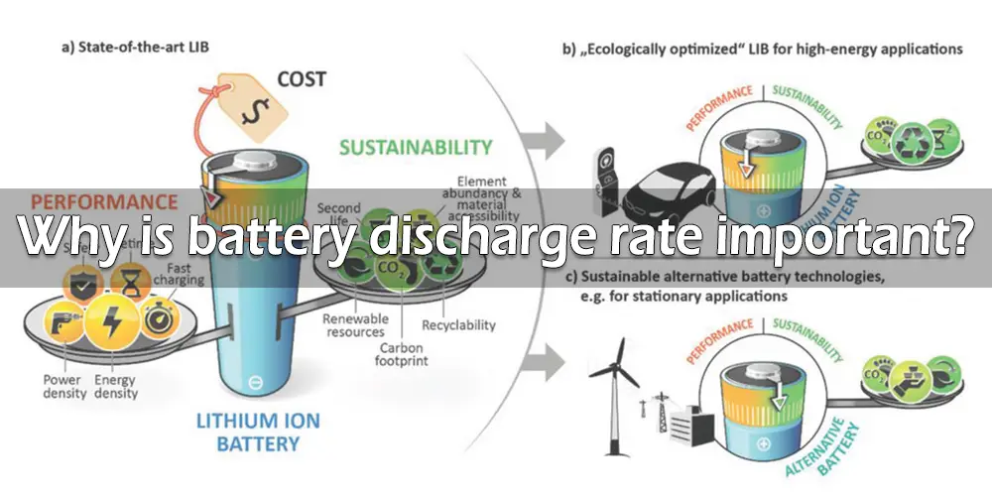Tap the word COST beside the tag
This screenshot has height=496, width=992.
click(x=302, y=78)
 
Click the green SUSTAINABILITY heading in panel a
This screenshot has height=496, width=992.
click(x=415, y=147)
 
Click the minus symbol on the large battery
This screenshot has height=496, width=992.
click(x=255, y=380)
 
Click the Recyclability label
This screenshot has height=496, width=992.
click(x=458, y=325)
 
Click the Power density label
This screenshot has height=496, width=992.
click(x=62, y=387)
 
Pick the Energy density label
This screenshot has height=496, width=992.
click(x=116, y=387)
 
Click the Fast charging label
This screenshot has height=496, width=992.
click(x=179, y=274)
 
